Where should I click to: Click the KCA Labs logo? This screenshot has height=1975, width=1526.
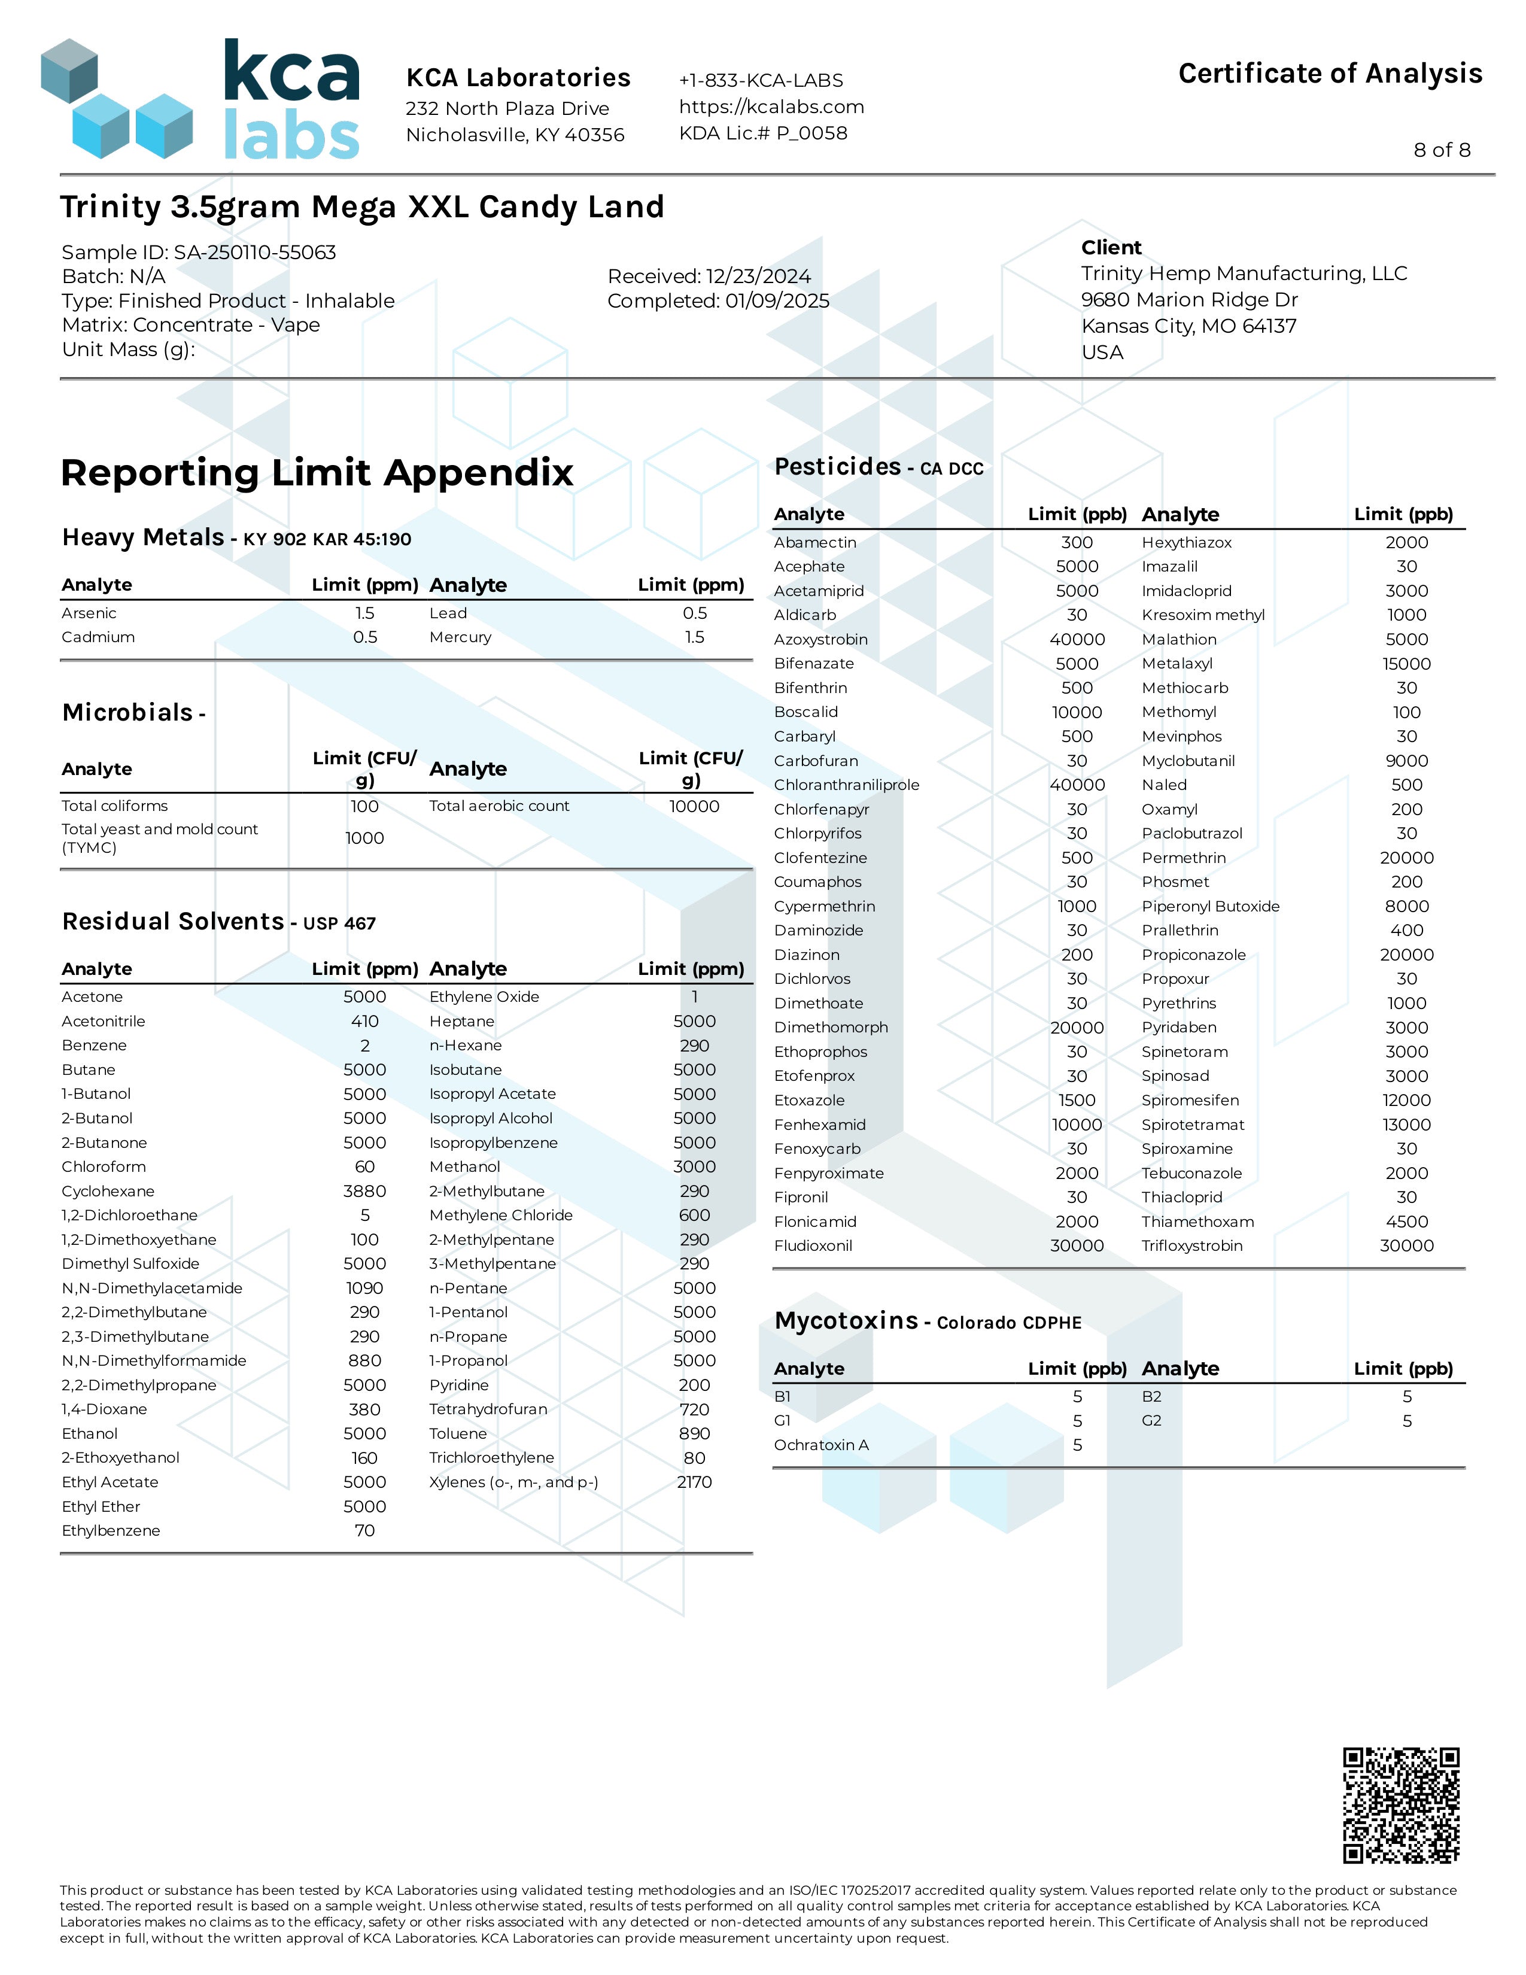click(200, 99)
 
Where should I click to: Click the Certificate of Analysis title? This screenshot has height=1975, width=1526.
click(1330, 73)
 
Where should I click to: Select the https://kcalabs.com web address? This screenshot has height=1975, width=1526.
click(771, 107)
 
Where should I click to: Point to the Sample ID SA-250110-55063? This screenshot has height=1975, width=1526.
click(199, 253)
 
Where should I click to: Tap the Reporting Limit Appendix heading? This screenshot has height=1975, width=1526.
click(317, 473)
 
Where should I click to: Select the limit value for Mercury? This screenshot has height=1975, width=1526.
click(694, 637)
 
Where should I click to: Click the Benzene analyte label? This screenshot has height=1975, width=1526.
click(94, 1046)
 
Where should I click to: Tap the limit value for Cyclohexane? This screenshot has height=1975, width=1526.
click(364, 1192)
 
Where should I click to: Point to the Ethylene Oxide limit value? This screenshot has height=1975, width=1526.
click(694, 996)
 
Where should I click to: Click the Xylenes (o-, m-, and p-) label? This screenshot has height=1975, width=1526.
click(513, 1482)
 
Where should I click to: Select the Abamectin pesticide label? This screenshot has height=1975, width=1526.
click(814, 543)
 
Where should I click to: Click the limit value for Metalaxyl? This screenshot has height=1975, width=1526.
click(1406, 664)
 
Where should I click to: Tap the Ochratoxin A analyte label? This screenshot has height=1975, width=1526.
click(821, 1445)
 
